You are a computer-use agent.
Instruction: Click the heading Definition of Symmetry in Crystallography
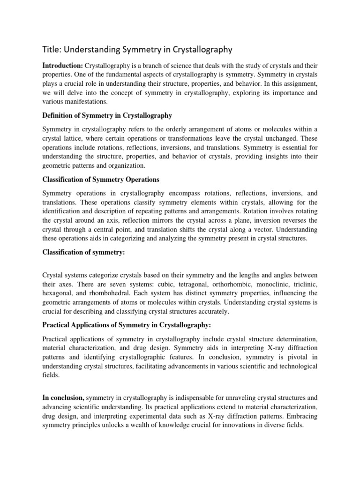tap(107, 115)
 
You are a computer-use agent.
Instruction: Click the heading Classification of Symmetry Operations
tap(101, 180)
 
